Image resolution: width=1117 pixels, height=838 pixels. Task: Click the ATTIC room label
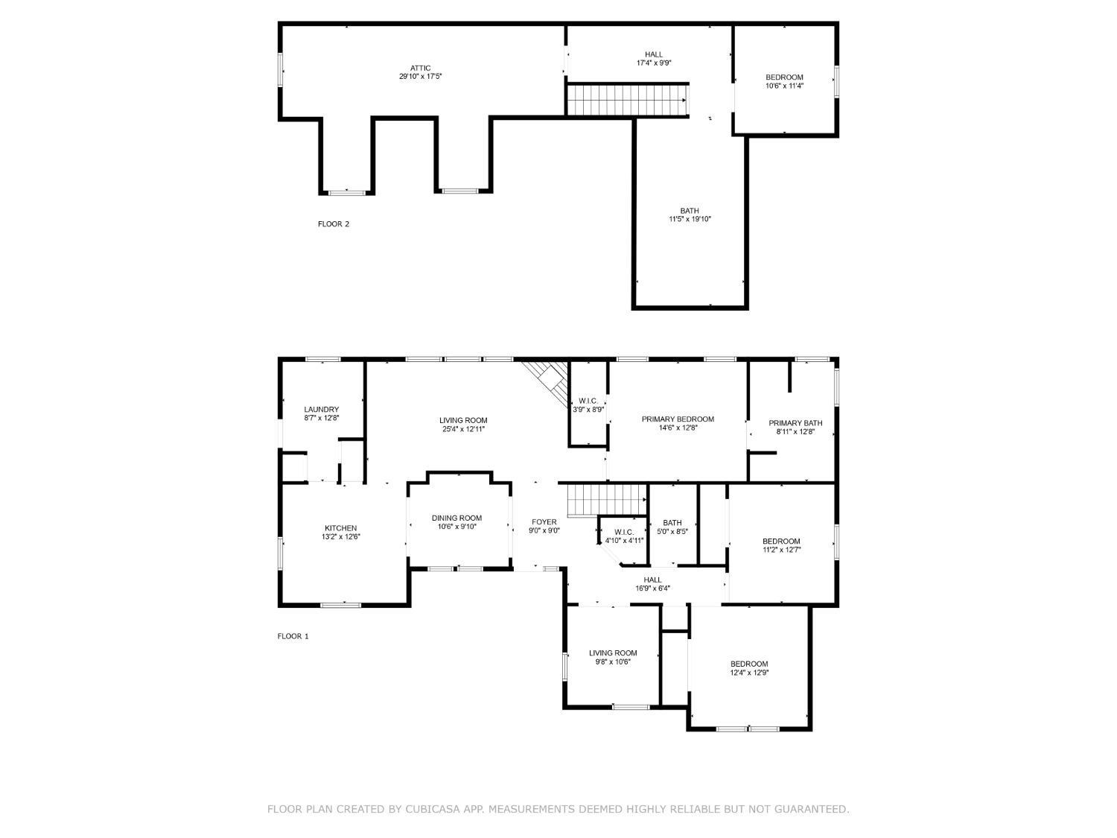(x=420, y=69)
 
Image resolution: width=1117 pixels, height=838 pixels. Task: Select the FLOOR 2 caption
(x=334, y=224)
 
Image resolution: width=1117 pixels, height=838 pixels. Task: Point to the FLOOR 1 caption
(x=293, y=636)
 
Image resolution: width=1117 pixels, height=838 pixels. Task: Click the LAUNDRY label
(x=321, y=410)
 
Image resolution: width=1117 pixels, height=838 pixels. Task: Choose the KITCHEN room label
(x=340, y=528)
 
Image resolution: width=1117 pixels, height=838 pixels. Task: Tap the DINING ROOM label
(x=456, y=518)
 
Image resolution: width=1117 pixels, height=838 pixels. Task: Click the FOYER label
(x=544, y=522)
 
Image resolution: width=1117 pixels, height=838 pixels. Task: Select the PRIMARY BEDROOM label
(x=678, y=419)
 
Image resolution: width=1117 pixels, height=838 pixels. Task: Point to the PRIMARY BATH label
(x=795, y=423)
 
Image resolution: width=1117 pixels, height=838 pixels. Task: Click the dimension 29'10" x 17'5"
(x=420, y=76)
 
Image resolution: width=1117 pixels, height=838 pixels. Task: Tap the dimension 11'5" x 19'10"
(x=690, y=219)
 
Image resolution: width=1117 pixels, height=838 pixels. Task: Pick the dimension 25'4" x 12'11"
(x=463, y=429)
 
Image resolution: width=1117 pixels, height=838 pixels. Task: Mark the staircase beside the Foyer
(x=606, y=500)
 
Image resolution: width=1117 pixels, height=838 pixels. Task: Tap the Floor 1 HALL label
(x=652, y=580)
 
